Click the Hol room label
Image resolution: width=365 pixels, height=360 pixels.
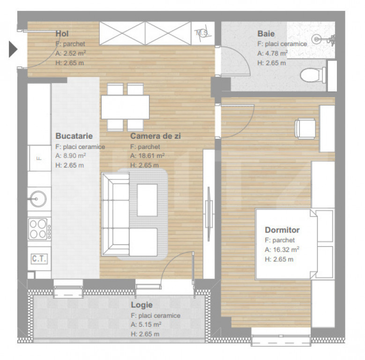62,34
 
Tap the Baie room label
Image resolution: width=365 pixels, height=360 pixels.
266,34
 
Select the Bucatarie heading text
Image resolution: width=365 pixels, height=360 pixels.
74,136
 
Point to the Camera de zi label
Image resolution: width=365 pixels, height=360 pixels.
155,136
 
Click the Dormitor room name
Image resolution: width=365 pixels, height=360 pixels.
282,230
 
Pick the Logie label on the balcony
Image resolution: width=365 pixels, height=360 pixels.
142,305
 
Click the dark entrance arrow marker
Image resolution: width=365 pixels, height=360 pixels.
13,49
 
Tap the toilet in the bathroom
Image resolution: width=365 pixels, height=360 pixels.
313,75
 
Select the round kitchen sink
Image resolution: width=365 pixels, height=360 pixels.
38,199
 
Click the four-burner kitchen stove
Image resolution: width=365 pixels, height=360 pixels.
39,229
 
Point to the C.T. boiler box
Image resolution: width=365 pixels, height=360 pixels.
39,259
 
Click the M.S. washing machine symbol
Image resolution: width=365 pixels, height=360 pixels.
203,33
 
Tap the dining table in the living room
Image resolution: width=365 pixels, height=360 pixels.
125,107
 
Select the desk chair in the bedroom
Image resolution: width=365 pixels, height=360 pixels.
305,128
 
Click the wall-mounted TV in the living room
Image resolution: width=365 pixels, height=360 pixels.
209,214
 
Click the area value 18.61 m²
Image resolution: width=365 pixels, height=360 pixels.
147,156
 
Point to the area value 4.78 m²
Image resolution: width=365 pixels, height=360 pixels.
273,53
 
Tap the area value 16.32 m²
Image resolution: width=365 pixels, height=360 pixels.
282,250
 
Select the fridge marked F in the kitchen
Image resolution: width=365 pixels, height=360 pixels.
39,158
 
